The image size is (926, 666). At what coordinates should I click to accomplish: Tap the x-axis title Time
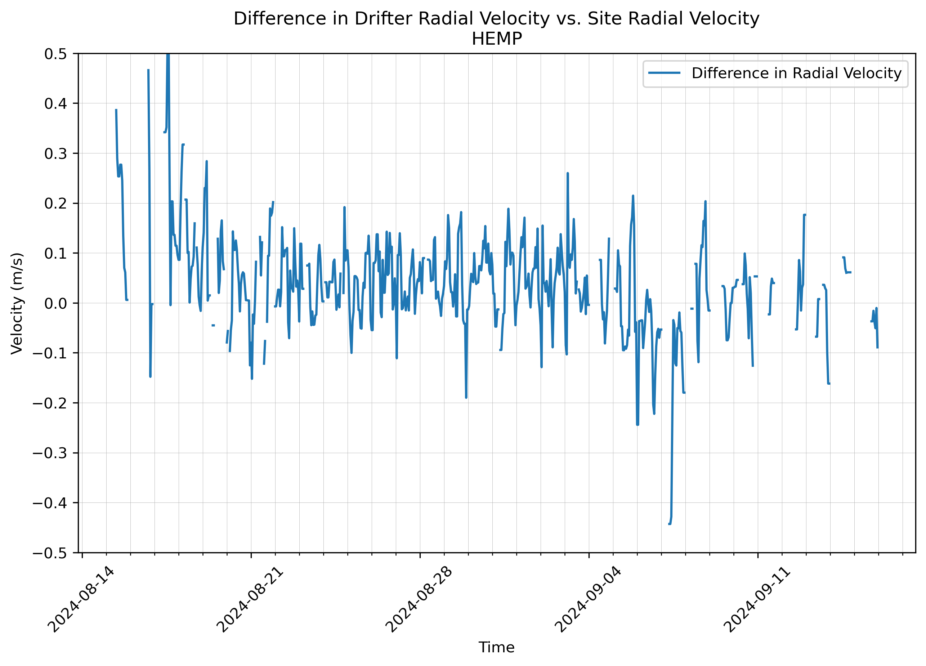[496, 648]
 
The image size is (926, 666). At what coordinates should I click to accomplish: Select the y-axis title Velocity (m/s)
[17, 303]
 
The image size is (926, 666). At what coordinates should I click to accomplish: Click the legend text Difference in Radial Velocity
[796, 73]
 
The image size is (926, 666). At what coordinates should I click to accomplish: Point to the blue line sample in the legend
[664, 73]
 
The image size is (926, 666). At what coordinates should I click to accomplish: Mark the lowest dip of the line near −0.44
[669, 524]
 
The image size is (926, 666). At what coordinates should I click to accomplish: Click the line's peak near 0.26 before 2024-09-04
[568, 174]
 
